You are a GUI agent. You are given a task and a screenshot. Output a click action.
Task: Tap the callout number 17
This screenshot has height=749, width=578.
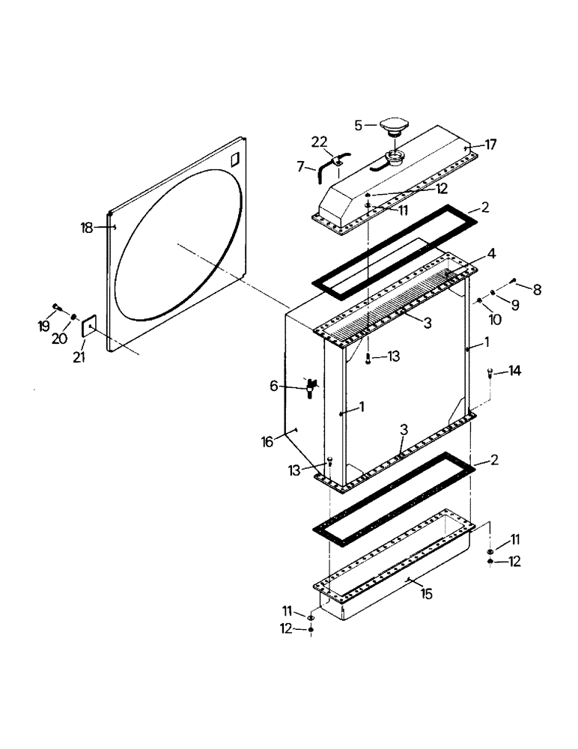(x=490, y=144)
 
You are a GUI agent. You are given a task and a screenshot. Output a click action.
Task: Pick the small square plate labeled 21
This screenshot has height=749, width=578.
(x=88, y=326)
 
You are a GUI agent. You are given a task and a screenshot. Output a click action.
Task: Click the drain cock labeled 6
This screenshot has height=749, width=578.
(x=311, y=387)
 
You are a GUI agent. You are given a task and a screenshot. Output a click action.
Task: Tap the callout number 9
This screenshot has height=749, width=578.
(x=516, y=305)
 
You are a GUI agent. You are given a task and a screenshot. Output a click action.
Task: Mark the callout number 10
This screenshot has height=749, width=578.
(x=494, y=320)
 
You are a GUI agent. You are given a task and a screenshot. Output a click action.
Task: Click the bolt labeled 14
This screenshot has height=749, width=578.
(x=490, y=372)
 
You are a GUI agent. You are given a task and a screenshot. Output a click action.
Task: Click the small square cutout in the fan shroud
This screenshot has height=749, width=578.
(x=234, y=160)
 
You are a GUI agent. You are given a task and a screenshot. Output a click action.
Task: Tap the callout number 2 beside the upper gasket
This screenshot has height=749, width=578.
(x=485, y=207)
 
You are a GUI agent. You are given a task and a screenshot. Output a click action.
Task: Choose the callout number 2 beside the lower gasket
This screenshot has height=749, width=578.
(x=493, y=462)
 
